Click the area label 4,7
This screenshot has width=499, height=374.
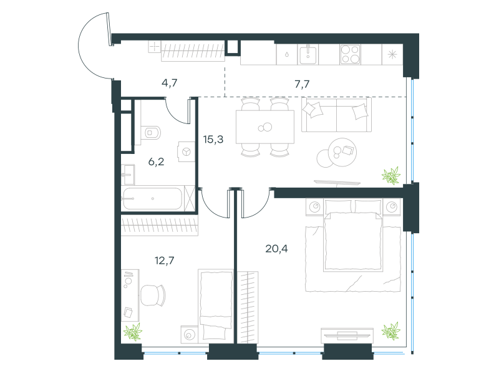pyautogui.click(x=169, y=83)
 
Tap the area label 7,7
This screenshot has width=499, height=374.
pyautogui.click(x=302, y=84)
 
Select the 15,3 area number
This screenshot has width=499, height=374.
pyautogui.click(x=213, y=139)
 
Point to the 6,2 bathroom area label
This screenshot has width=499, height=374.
pyautogui.click(x=157, y=162)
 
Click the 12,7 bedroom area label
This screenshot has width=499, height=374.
pyautogui.click(x=165, y=261)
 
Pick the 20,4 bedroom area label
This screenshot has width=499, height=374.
pyautogui.click(x=276, y=249)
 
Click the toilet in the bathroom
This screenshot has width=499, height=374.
pyautogui.click(x=151, y=132)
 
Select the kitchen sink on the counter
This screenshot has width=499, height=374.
pyautogui.click(x=308, y=54)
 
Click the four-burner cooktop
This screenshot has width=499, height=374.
pyautogui.click(x=350, y=55)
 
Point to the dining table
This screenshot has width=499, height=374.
pyautogui.click(x=265, y=127)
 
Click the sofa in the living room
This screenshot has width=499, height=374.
pyautogui.click(x=336, y=115)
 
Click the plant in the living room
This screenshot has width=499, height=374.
pyautogui.click(x=391, y=176)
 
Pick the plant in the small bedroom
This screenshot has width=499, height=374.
pyautogui.click(x=133, y=332)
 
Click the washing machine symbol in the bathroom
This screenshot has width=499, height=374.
pyautogui.click(x=186, y=151)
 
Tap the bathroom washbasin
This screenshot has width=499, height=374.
pyautogui.click(x=128, y=175)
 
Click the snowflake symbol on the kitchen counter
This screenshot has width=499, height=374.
pyautogui.click(x=392, y=54)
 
